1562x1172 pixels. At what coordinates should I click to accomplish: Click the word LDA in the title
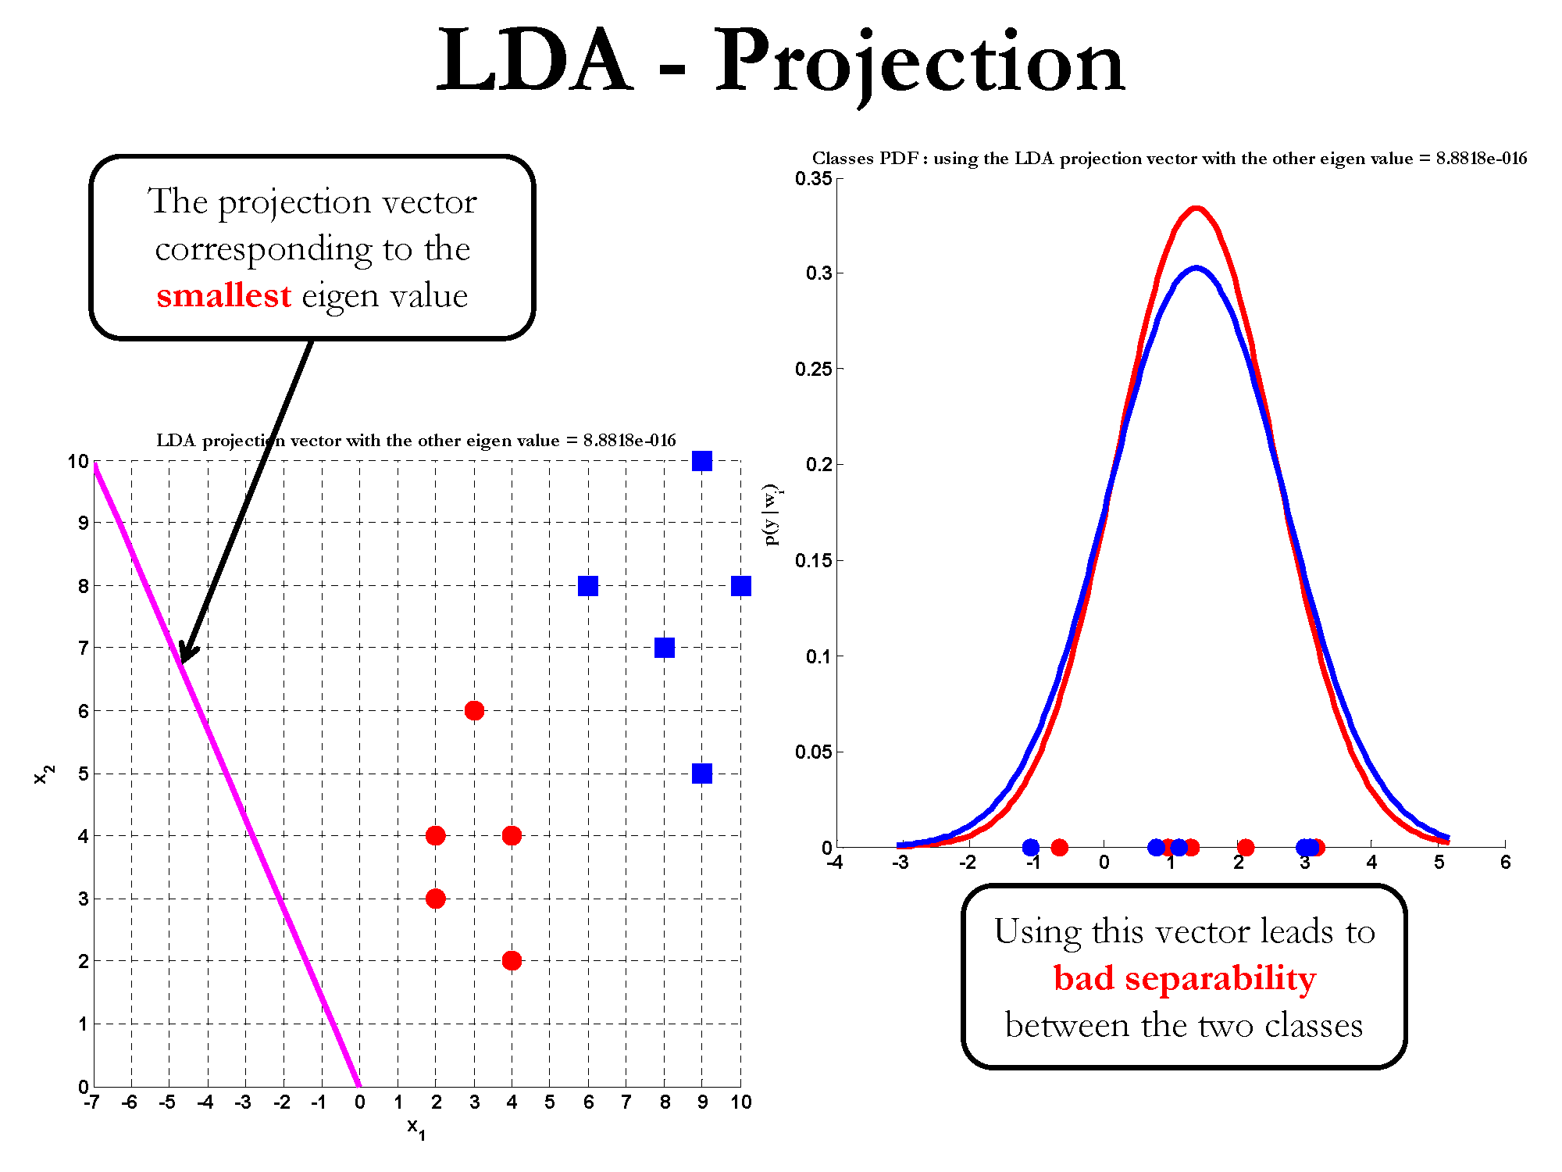[533, 61]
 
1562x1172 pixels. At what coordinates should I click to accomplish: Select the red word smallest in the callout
[223, 296]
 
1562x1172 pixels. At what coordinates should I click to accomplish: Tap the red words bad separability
[1184, 978]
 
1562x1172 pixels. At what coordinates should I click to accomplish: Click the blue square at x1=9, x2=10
[702, 462]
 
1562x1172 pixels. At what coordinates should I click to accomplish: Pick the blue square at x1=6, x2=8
[588, 586]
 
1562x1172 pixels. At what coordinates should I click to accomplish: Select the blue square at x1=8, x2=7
[665, 648]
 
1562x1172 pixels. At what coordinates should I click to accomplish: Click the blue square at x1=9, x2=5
[702, 774]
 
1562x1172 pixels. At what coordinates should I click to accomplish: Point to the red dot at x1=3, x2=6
[474, 711]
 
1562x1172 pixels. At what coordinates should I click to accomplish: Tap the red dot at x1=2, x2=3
[436, 899]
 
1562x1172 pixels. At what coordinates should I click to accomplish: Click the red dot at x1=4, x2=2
[512, 961]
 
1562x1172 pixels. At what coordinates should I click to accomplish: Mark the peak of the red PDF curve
[1196, 209]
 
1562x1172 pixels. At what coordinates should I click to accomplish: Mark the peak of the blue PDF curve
[1196, 269]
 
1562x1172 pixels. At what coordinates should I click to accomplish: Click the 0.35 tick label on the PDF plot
[813, 179]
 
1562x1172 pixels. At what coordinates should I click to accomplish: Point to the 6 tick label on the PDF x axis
[1505, 863]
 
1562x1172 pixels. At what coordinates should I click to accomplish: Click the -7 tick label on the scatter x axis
[91, 1102]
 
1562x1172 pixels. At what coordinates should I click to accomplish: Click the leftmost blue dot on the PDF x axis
[1031, 847]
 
